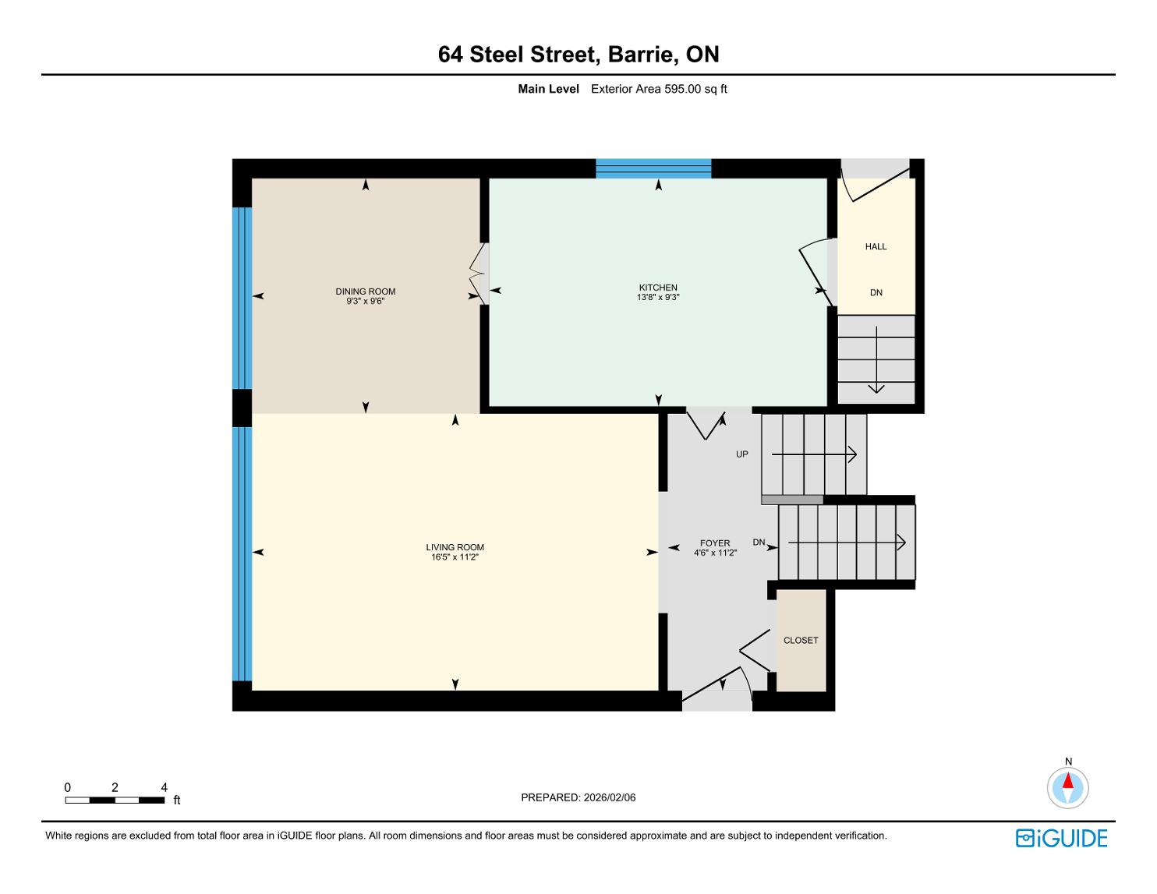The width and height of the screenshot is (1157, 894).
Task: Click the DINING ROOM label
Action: (x=365, y=292)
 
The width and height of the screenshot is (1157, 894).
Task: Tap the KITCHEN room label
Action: (x=658, y=288)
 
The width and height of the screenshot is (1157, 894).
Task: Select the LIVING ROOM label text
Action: (x=455, y=547)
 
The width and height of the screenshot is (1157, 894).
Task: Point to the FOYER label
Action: (x=714, y=543)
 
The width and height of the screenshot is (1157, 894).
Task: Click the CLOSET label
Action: (x=800, y=640)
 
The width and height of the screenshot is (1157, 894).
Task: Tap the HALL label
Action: (x=876, y=246)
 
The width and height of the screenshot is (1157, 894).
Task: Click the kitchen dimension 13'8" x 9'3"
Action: (x=658, y=297)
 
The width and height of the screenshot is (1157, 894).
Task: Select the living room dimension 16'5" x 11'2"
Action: (x=455, y=557)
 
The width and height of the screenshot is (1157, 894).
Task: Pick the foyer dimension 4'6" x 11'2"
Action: (x=714, y=553)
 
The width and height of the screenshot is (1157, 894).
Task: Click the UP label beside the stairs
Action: (x=741, y=454)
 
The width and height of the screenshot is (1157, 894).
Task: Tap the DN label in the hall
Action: (x=876, y=292)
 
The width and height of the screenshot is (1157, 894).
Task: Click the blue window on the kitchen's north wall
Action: (x=653, y=168)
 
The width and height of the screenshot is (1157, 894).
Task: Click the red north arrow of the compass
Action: (x=1067, y=781)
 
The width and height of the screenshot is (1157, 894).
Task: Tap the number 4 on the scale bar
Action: (x=164, y=787)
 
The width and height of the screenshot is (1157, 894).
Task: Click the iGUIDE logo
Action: (x=1061, y=838)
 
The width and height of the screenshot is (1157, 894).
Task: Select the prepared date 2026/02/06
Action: (x=609, y=797)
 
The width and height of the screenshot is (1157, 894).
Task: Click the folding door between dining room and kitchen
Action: (x=479, y=274)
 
